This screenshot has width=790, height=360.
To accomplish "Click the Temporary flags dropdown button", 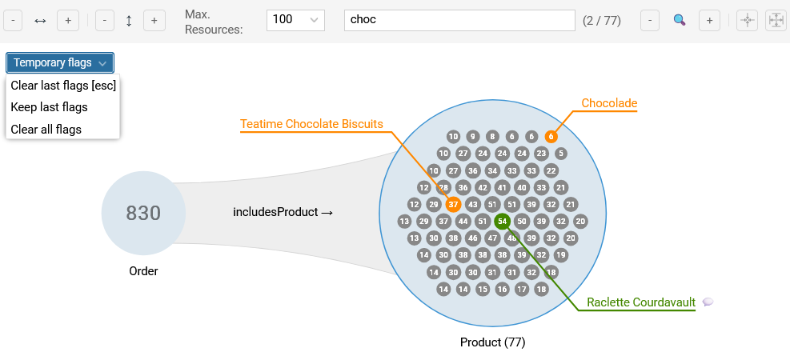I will click(x=60, y=62).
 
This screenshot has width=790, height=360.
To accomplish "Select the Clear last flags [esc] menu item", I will click(x=63, y=86).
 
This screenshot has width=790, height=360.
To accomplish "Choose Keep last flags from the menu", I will click(x=49, y=107).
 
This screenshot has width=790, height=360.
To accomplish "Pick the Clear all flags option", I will click(x=46, y=129).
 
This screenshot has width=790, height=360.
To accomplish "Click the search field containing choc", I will click(x=459, y=20).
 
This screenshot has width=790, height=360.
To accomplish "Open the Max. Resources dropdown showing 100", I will click(x=295, y=20).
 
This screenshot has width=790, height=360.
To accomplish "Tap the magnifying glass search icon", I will click(x=680, y=20).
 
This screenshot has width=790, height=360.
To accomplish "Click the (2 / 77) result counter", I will click(x=602, y=20).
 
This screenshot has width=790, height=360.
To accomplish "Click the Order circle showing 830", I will click(x=143, y=213).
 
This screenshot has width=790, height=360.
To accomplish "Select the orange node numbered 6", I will click(x=551, y=137).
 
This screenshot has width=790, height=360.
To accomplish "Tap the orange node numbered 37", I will click(x=453, y=204).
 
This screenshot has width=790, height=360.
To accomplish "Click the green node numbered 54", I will click(x=502, y=221).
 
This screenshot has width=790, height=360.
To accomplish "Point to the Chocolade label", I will click(x=609, y=103).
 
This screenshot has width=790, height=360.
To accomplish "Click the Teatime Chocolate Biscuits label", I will click(x=311, y=124).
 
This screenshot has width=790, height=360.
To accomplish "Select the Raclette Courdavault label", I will click(x=641, y=302).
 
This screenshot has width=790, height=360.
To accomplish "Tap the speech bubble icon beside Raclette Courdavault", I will click(x=708, y=302).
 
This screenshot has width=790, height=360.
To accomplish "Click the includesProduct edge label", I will click(x=283, y=213).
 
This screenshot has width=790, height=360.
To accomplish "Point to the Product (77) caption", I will click(x=492, y=342).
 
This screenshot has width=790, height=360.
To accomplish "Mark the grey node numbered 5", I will click(x=560, y=154).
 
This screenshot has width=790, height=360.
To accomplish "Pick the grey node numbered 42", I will click(x=483, y=187).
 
